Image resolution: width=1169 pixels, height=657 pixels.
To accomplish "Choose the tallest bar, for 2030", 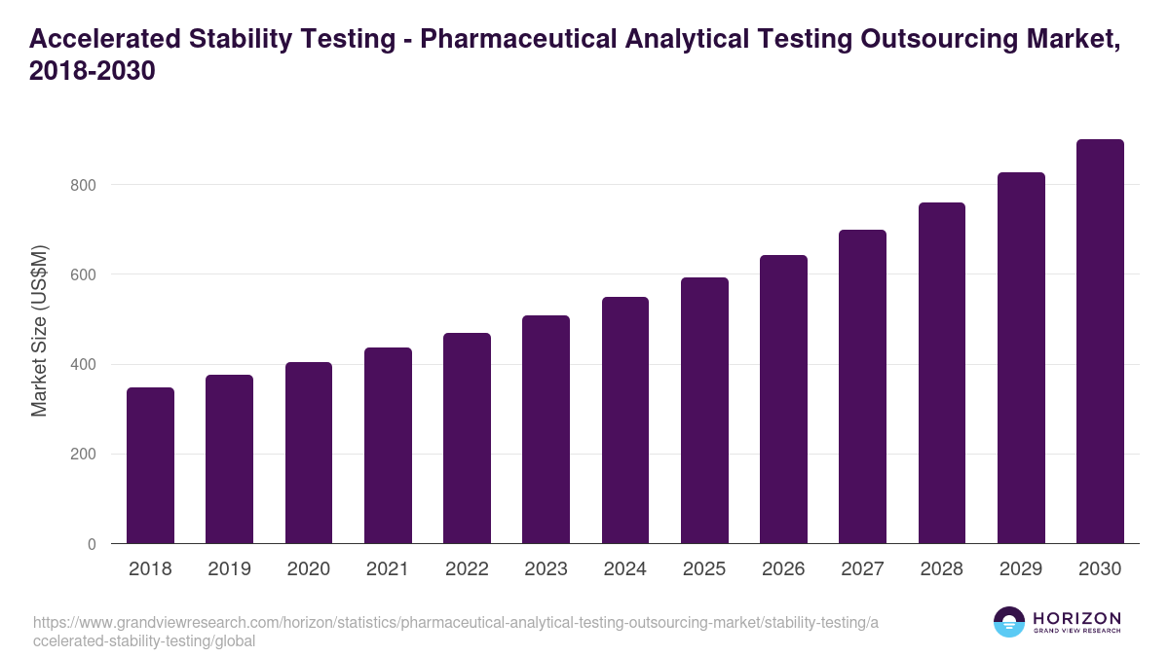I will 1100,342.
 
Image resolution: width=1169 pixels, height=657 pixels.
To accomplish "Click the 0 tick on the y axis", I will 92,544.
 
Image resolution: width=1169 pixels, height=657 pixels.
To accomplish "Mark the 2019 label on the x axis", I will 229,569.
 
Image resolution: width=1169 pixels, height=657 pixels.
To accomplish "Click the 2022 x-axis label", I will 467,569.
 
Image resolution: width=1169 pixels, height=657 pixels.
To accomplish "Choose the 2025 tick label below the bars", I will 704,569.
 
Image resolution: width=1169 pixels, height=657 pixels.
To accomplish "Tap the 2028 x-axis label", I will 942,569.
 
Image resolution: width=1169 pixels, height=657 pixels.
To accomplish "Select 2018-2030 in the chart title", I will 93,72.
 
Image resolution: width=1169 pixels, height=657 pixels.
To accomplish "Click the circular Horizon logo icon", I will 1009,622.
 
